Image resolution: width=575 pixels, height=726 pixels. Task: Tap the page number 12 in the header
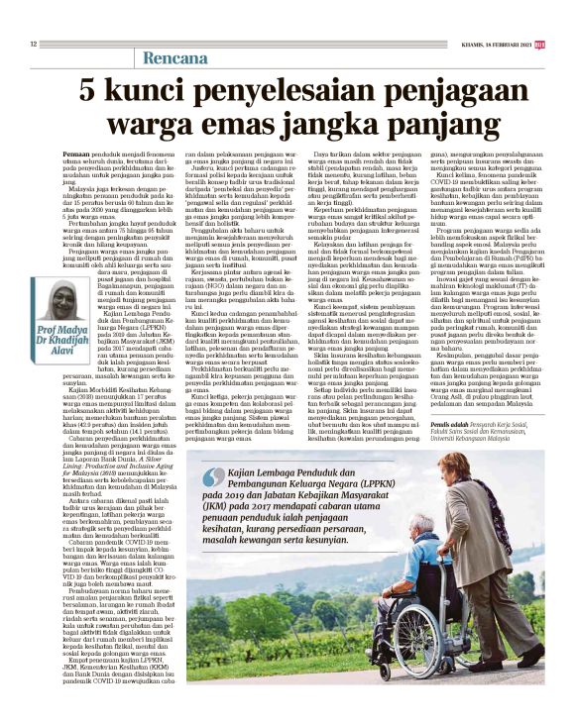click(x=34, y=44)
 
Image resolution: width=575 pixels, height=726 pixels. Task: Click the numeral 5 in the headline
click(x=88, y=93)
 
